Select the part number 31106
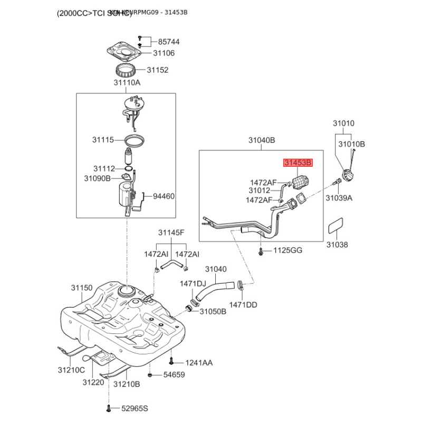(164, 53)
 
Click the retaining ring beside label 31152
(127, 69)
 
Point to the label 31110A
(127, 83)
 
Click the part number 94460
(164, 196)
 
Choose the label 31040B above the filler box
(262, 141)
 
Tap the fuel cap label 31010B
(351, 144)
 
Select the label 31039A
(339, 198)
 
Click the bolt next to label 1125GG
(261, 251)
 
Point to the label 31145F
(171, 233)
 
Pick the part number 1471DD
(243, 305)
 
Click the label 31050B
(213, 312)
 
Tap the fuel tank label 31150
(82, 288)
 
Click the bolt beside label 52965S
(109, 408)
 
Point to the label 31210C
(71, 370)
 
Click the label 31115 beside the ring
(103, 140)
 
